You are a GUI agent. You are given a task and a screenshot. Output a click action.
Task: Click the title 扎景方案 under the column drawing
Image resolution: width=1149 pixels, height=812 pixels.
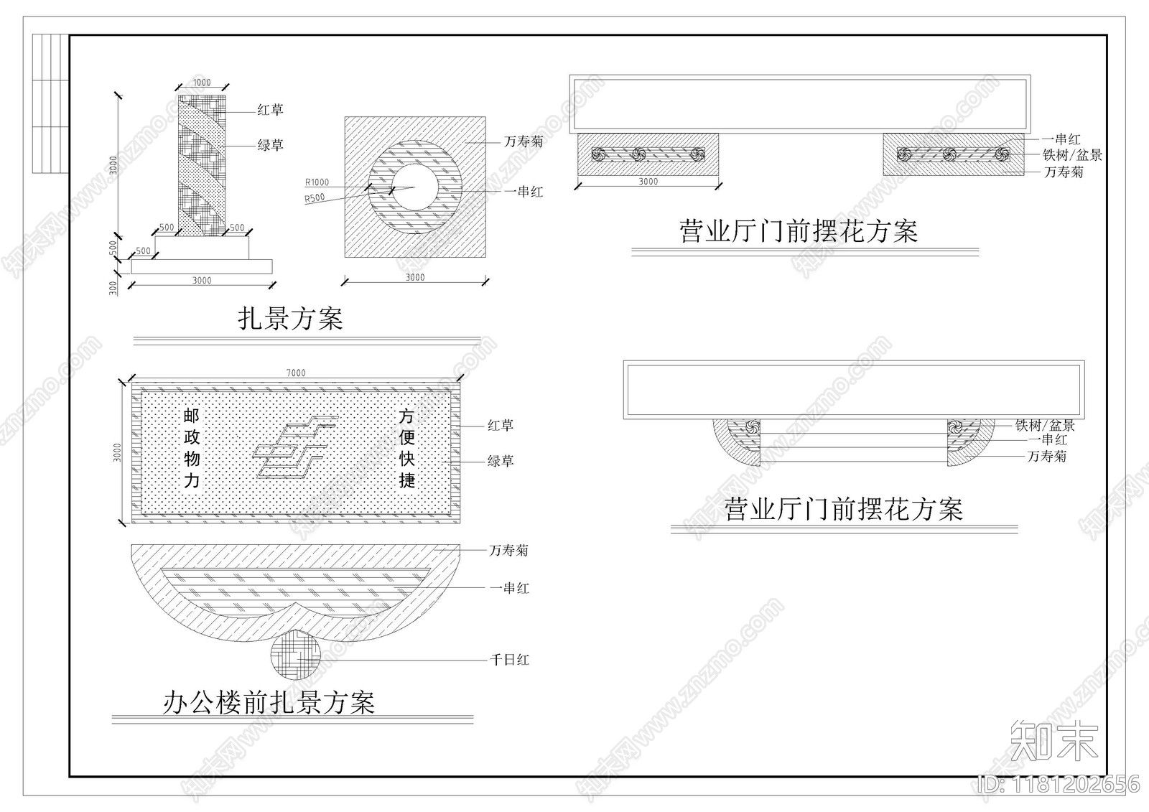(291, 318)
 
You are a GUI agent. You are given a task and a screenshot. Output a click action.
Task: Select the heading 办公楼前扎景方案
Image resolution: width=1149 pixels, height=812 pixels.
(269, 703)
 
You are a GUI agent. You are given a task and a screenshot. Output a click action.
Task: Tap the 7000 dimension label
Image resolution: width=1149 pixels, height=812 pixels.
(296, 373)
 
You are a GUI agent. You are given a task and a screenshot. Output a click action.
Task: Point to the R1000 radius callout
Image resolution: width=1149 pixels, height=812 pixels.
(317, 182)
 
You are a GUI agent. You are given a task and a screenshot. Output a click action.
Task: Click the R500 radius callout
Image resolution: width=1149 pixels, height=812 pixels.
(315, 198)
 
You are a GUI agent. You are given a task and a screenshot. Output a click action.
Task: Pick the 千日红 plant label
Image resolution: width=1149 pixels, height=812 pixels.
(509, 659)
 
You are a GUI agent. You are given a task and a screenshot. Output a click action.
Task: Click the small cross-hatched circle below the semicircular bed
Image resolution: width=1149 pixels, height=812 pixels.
(295, 653)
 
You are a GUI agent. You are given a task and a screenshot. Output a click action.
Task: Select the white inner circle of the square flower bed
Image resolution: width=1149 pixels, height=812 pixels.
(414, 187)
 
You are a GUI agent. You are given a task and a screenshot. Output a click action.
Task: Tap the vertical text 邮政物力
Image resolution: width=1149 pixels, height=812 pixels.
(192, 448)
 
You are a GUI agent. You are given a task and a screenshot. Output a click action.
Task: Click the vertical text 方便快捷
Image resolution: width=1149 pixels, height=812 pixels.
(407, 448)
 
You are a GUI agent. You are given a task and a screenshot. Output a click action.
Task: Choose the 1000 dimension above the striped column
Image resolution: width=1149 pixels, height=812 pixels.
(202, 83)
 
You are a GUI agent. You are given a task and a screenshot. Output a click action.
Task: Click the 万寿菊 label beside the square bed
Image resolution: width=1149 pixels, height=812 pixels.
(524, 141)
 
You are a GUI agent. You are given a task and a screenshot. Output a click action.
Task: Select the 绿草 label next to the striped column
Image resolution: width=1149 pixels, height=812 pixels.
(271, 145)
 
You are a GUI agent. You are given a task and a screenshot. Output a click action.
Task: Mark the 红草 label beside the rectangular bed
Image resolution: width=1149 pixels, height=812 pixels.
(501, 425)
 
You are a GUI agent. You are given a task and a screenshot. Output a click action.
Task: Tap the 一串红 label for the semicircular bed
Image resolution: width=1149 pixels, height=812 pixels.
(509, 588)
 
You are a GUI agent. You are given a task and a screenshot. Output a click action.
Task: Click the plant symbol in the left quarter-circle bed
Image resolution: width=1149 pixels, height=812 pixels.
(752, 426)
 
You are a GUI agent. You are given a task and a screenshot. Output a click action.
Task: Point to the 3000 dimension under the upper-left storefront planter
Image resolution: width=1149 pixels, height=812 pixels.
(648, 182)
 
